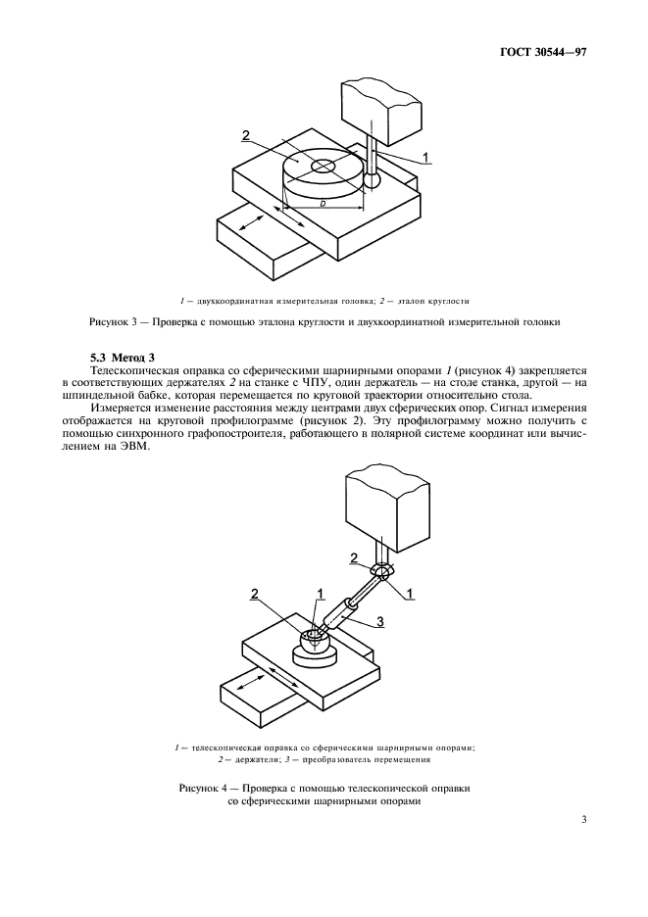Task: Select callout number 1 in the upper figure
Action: [425, 156]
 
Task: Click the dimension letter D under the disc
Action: [323, 203]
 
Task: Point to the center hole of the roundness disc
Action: [324, 168]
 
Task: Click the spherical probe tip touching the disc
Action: [372, 181]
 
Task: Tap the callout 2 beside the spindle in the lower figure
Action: [353, 557]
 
